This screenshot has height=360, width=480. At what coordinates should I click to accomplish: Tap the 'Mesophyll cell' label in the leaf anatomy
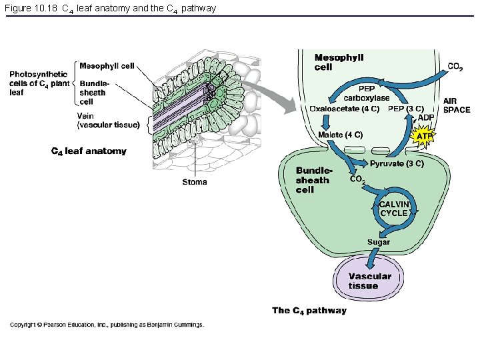(x=107, y=65)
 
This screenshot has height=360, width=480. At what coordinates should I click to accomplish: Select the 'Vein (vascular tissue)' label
(x=108, y=120)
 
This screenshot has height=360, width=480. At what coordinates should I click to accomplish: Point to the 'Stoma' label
(x=195, y=182)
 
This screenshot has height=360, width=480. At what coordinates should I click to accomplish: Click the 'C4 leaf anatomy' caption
(x=89, y=151)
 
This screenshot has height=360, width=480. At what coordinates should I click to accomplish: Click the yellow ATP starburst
(x=423, y=136)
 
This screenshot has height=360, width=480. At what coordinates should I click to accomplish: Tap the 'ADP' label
(x=426, y=118)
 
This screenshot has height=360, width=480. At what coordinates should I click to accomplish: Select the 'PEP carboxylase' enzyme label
(x=366, y=93)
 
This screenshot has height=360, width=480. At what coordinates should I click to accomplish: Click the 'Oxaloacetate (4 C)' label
(x=345, y=109)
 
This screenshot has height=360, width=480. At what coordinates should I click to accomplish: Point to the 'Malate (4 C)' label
(x=340, y=135)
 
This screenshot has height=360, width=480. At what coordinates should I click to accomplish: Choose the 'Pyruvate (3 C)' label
(x=397, y=163)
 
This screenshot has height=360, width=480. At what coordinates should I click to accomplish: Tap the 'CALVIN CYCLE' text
(x=393, y=209)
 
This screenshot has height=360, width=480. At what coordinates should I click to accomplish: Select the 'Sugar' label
(x=378, y=242)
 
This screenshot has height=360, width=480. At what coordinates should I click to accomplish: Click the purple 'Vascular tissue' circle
(x=369, y=279)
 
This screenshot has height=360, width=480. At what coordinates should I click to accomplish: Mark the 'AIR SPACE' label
(x=456, y=105)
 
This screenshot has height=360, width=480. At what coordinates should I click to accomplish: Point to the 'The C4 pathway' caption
(x=309, y=311)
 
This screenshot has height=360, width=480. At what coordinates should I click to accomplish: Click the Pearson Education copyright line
(x=107, y=325)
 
